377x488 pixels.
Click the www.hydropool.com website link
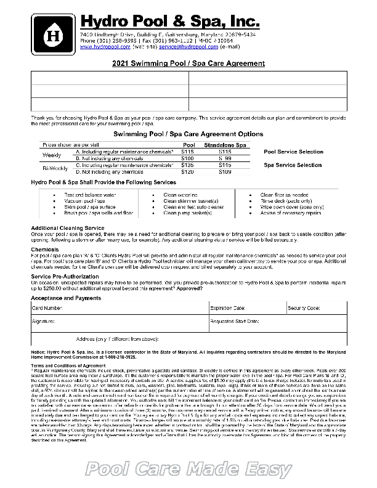[x=105, y=46]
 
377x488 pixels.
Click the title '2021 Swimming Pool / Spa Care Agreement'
[x=188, y=63]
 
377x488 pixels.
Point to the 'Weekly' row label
[x=51, y=155]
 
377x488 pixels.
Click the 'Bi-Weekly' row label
[x=52, y=168]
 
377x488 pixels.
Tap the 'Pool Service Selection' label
[x=293, y=152]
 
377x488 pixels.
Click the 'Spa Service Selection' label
[x=292, y=165]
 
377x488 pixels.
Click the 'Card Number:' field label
[x=47, y=307]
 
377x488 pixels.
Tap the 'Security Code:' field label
[x=304, y=307]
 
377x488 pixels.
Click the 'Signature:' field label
[x=43, y=322]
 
